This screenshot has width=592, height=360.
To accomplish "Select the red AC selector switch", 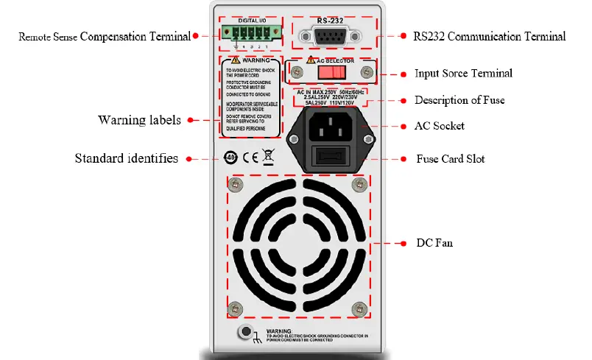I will coord(331,72).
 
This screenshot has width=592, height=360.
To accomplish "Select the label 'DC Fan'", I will coord(434,242).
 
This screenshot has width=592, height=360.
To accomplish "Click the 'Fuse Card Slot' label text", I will coord(450,158).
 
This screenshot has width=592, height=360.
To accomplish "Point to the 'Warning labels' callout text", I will coord(140,119).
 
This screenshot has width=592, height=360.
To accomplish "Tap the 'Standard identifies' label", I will coord(127,158).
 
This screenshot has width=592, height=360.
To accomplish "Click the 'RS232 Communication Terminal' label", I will coord(489,35).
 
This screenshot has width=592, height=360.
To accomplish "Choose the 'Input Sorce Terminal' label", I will coord(463,74).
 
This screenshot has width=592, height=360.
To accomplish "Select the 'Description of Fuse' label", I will coord(459,100).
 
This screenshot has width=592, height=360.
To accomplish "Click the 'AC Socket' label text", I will coord(440,126).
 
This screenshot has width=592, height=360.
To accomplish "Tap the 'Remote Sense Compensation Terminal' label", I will coord(105,35).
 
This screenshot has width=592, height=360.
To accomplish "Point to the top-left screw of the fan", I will coord(236,183).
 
